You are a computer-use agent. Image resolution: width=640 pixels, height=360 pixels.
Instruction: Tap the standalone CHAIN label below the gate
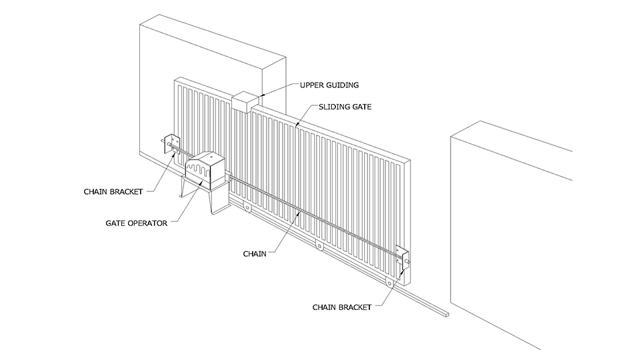[254, 253]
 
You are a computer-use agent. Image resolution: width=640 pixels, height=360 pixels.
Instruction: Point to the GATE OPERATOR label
[135, 223]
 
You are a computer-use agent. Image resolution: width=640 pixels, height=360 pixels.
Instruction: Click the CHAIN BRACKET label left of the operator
[113, 191]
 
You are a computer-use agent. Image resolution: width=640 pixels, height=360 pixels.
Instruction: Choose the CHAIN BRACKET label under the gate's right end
[342, 307]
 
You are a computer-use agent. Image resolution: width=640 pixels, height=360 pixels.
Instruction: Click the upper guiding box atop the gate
[245, 103]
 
